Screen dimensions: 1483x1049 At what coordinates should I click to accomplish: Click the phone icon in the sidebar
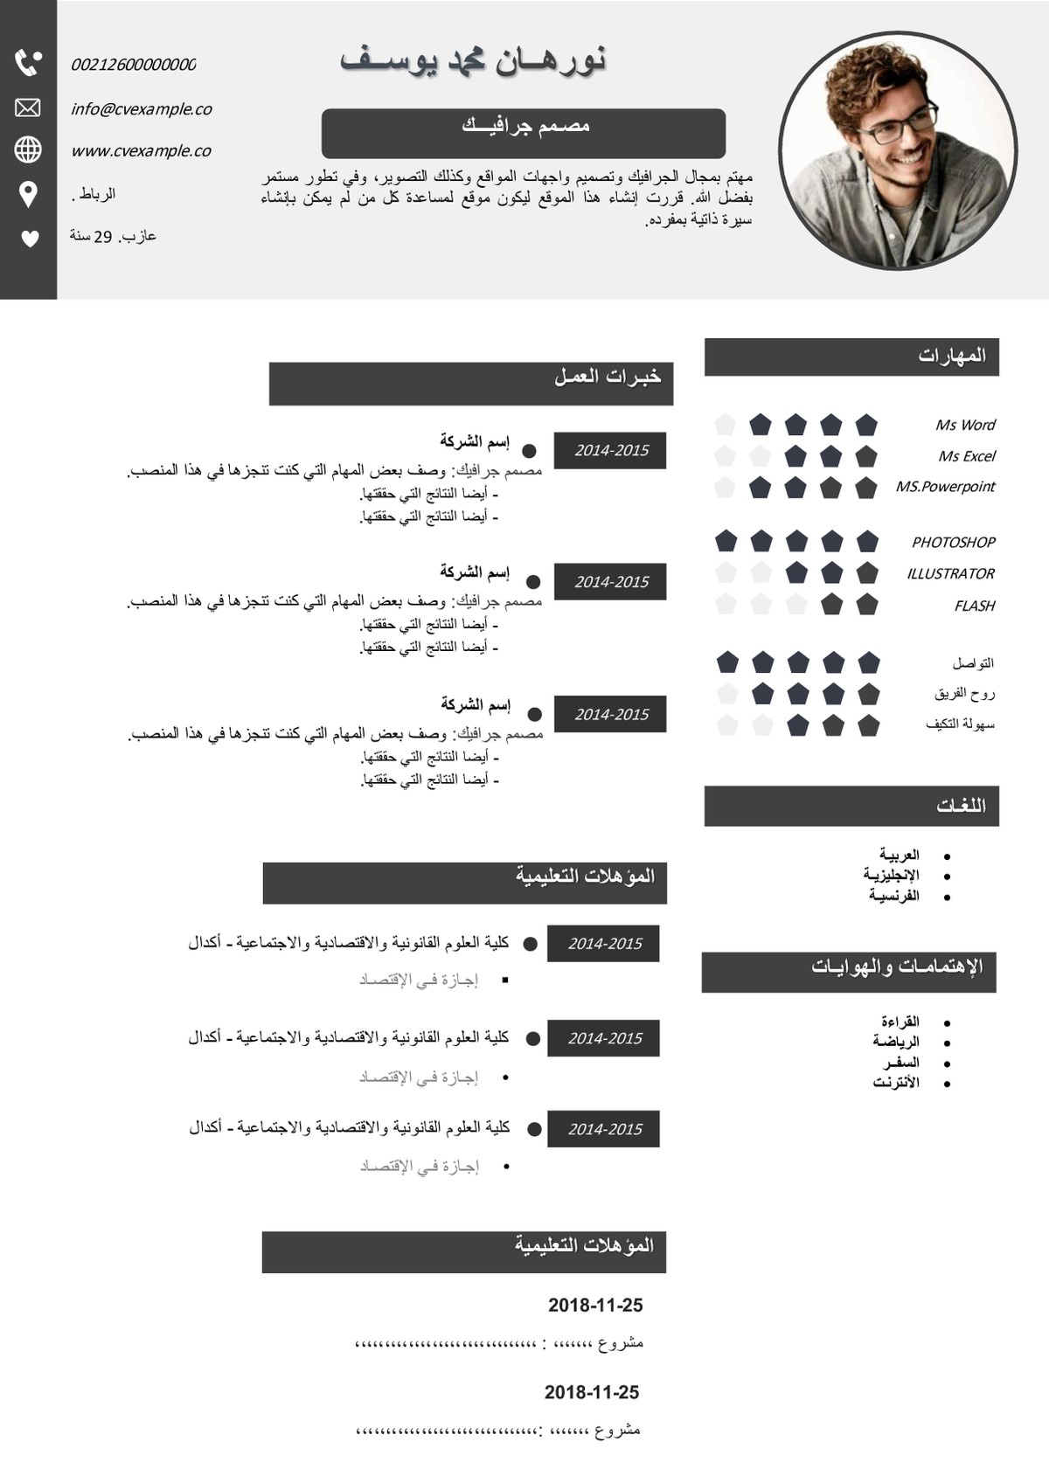point(28,63)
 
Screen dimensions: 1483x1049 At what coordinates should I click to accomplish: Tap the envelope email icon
point(28,107)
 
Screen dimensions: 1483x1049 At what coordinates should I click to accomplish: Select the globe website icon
point(28,149)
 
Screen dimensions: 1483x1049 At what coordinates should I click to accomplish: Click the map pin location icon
point(28,194)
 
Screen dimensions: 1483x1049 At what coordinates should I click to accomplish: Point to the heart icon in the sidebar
point(30,238)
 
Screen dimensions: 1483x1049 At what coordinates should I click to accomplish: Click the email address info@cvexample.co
point(142,109)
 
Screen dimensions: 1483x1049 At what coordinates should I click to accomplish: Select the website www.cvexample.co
point(142,151)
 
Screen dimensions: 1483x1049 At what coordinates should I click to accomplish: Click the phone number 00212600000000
point(133,65)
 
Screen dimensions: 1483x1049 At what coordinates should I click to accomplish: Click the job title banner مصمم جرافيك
point(524,133)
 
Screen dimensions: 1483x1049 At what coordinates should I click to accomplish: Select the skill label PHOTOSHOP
point(953,543)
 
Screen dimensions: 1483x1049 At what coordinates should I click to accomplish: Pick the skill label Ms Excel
point(967,456)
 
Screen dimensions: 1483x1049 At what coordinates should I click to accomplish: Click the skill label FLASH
point(974,606)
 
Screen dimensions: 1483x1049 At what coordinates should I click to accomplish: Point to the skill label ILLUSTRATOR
point(950,574)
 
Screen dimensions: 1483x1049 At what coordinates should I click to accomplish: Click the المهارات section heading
point(952,356)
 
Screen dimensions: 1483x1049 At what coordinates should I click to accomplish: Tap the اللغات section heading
point(961,806)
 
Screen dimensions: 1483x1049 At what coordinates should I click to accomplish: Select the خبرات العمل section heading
point(608,378)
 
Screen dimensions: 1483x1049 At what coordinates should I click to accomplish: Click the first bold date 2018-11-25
point(595,1306)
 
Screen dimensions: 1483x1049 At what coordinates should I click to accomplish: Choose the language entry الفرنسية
point(894,897)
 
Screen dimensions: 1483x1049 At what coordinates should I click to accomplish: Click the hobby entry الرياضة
point(896,1042)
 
